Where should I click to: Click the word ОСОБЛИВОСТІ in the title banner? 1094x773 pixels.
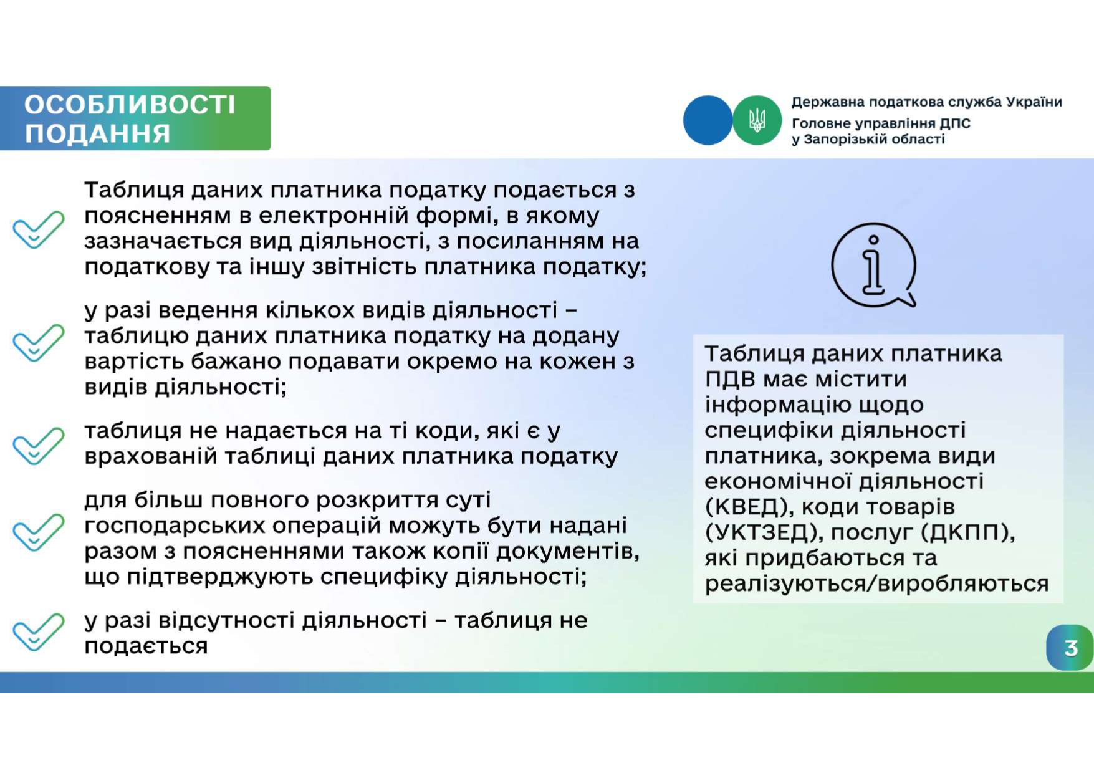130,105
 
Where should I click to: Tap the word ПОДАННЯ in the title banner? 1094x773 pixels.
97,133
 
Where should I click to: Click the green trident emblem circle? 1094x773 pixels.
757,120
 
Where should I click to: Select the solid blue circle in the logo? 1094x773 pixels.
708,120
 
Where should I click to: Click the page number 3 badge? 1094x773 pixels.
1070,648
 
